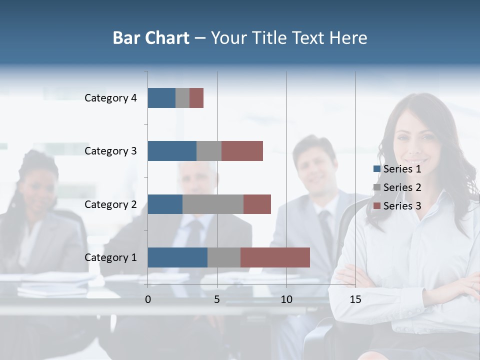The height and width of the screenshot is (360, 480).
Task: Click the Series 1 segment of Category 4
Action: coord(161,98)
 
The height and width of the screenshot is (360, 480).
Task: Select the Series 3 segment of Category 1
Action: coord(275,257)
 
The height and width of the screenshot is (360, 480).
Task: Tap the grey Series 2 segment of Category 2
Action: coord(213,204)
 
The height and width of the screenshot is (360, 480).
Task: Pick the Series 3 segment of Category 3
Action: coord(242,151)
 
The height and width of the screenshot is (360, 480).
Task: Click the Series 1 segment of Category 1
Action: coord(177,257)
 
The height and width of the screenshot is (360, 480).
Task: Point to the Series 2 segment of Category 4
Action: coord(182,98)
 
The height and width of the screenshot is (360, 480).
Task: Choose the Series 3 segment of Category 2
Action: coord(257,204)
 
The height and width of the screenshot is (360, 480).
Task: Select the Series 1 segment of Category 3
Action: coord(172,151)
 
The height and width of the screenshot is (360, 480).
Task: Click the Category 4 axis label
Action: coord(110,98)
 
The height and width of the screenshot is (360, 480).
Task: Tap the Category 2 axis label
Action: coord(110,204)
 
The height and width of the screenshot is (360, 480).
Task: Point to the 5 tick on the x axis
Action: coord(217,299)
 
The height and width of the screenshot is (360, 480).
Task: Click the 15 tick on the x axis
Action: coord(355,299)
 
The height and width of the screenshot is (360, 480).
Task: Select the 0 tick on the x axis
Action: coord(148,299)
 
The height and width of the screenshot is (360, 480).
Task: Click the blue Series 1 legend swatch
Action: coord(377,169)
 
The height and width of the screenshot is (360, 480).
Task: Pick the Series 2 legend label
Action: coord(402,187)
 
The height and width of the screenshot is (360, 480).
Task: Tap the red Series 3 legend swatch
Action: coord(377,206)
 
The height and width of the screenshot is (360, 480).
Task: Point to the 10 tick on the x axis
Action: coord(286,299)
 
